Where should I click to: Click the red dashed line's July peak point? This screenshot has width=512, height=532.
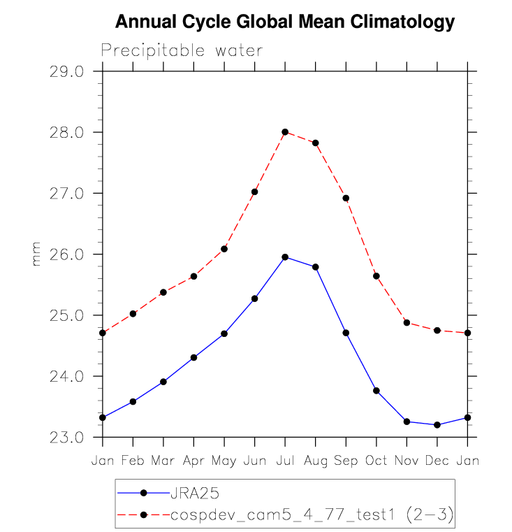click(x=285, y=132)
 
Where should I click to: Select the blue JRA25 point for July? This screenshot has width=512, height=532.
click(x=285, y=257)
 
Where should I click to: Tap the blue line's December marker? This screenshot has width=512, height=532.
click(x=437, y=425)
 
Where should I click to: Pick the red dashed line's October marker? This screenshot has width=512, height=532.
click(x=376, y=276)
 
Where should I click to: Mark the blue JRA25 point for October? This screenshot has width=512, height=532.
click(x=376, y=391)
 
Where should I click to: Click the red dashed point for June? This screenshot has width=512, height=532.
click(x=255, y=192)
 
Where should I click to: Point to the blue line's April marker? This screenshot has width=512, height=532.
click(x=193, y=357)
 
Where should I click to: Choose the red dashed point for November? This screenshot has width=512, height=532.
click(x=407, y=323)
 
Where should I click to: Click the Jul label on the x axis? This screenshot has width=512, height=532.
click(x=285, y=461)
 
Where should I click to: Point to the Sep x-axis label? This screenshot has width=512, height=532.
click(x=346, y=461)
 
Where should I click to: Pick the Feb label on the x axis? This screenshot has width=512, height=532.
click(x=133, y=461)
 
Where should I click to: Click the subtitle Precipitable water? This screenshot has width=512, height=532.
click(x=182, y=51)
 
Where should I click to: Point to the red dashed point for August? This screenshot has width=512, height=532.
click(x=316, y=143)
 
